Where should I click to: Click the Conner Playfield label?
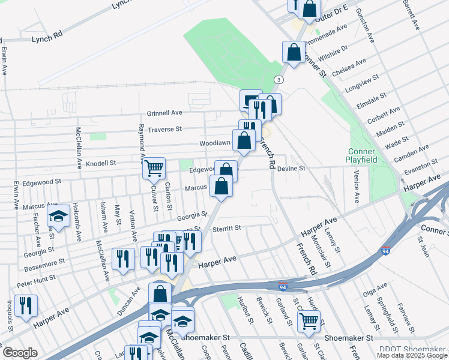pyautogui.click(x=360, y=155)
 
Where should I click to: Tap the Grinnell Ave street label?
pyautogui.click(x=164, y=113)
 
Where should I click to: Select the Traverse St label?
pyautogui.click(x=164, y=129)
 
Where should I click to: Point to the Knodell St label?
pyautogui.click(x=100, y=163)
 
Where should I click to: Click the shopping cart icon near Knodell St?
pyautogui.click(x=154, y=168)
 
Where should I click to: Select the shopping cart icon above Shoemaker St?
pyautogui.click(x=309, y=320)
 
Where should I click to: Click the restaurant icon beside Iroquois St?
pyautogui.click(x=25, y=305)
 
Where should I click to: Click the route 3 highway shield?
pyautogui.click(x=279, y=80)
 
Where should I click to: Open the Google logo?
pyautogui.click(x=20, y=353)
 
